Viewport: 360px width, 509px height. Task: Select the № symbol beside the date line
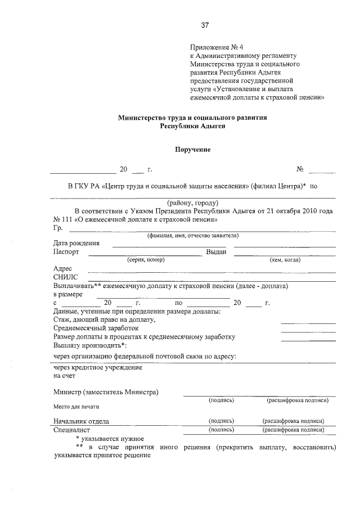click(x=300, y=169)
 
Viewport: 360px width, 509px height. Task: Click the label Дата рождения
click(x=76, y=243)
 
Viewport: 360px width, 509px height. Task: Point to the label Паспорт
click(x=66, y=252)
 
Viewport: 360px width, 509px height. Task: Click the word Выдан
click(x=216, y=252)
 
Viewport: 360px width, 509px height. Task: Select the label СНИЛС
click(x=66, y=277)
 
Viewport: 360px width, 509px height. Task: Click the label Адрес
click(x=62, y=269)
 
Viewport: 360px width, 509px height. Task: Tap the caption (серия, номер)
click(x=146, y=260)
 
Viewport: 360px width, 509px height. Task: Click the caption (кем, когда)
click(x=285, y=260)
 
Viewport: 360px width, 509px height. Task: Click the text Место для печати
click(x=76, y=406)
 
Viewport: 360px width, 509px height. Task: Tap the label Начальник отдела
click(x=81, y=421)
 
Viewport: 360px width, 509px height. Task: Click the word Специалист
click(x=72, y=430)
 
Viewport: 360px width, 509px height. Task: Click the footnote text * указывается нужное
click(x=110, y=438)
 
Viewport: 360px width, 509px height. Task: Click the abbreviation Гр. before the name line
click(x=58, y=228)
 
